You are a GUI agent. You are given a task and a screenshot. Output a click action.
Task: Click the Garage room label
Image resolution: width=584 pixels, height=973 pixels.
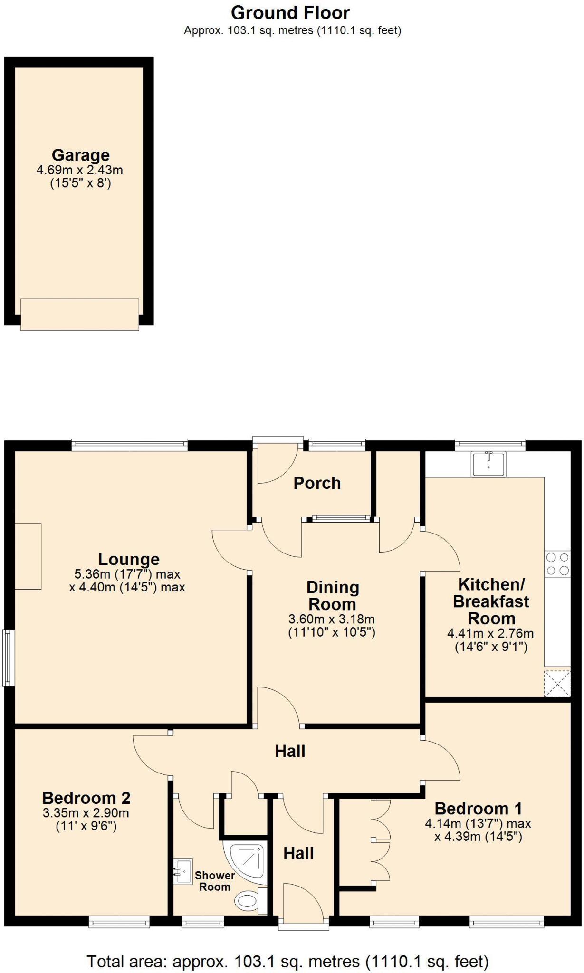point(80,155)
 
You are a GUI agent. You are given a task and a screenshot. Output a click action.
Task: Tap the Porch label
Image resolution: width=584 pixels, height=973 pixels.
point(317,483)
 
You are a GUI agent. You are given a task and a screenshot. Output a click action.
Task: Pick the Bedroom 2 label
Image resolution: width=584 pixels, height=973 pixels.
point(86,798)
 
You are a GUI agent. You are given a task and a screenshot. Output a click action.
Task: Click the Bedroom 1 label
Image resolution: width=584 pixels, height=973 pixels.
point(478,808)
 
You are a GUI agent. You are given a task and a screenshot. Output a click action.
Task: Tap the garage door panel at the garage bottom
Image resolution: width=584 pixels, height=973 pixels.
point(80,315)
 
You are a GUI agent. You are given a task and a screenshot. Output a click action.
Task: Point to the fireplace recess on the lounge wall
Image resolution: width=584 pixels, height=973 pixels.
point(28,556)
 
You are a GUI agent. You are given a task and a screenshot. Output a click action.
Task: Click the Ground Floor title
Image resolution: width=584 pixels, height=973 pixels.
point(291,12)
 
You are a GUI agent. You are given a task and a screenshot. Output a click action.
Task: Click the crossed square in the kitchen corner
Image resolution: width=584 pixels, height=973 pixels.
point(557,683)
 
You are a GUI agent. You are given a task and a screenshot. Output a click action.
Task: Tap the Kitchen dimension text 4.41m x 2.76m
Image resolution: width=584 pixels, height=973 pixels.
point(490,633)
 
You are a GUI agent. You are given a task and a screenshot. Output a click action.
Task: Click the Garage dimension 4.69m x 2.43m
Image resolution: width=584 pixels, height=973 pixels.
point(80,170)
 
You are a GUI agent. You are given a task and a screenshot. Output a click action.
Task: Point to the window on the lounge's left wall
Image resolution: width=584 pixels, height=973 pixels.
point(8,658)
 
